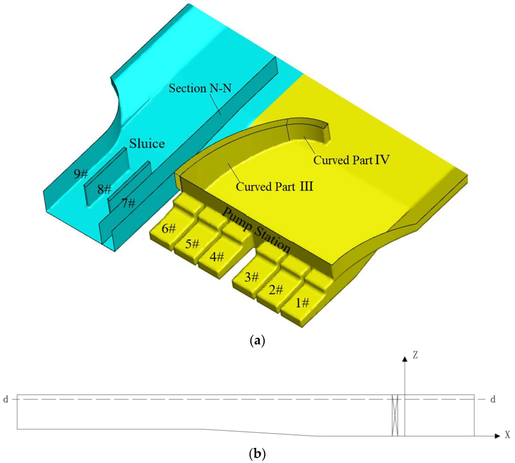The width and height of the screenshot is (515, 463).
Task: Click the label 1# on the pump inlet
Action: [302, 303]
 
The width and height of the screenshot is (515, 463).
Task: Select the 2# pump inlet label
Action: [276, 289]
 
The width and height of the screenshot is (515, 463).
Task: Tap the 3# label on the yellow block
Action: [251, 277]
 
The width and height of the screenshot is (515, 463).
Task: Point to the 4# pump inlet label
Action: [217, 257]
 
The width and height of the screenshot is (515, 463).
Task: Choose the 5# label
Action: [192, 244]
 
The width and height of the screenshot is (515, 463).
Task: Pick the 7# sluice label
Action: [128, 203]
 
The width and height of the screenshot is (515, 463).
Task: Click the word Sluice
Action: [147, 143]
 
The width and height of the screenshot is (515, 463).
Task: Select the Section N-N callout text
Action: [200, 88]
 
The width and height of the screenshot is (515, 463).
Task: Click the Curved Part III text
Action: [274, 187]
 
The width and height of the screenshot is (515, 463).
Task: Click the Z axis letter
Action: [415, 355]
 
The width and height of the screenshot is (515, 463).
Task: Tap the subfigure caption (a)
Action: [257, 340]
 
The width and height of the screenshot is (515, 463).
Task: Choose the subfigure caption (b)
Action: [257, 453]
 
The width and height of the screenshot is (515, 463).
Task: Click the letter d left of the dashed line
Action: [6, 399]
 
